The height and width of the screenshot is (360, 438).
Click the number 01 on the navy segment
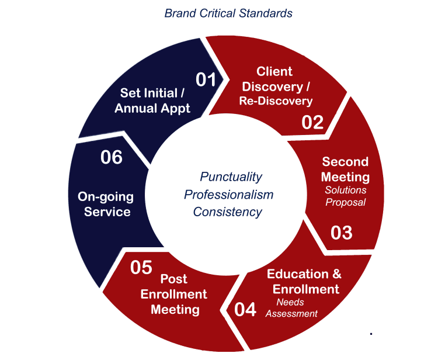(206, 79)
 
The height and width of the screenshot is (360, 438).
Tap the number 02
(312, 122)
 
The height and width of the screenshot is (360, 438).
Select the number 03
(342, 233)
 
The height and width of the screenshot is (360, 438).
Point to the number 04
(245, 309)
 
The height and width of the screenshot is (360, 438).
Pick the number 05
(141, 268)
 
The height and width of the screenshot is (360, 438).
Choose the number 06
(112, 157)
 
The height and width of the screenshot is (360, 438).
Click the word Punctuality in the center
(231, 177)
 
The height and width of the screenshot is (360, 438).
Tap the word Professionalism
(228, 195)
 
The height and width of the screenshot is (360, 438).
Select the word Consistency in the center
(227, 212)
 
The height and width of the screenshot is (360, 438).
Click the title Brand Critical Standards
(228, 13)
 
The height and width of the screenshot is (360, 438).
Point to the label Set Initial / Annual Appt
(152, 101)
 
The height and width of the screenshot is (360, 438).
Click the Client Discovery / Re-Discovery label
(276, 86)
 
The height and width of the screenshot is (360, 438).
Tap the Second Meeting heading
(345, 169)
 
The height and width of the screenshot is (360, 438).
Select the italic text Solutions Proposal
(346, 196)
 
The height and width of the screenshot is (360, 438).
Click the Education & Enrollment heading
(304, 282)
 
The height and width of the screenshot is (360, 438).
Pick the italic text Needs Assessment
(291, 308)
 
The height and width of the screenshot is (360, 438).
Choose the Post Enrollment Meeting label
(174, 295)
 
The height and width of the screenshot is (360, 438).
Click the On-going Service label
(106, 205)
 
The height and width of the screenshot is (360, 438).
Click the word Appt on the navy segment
(176, 109)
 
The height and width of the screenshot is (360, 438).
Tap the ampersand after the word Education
(337, 274)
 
